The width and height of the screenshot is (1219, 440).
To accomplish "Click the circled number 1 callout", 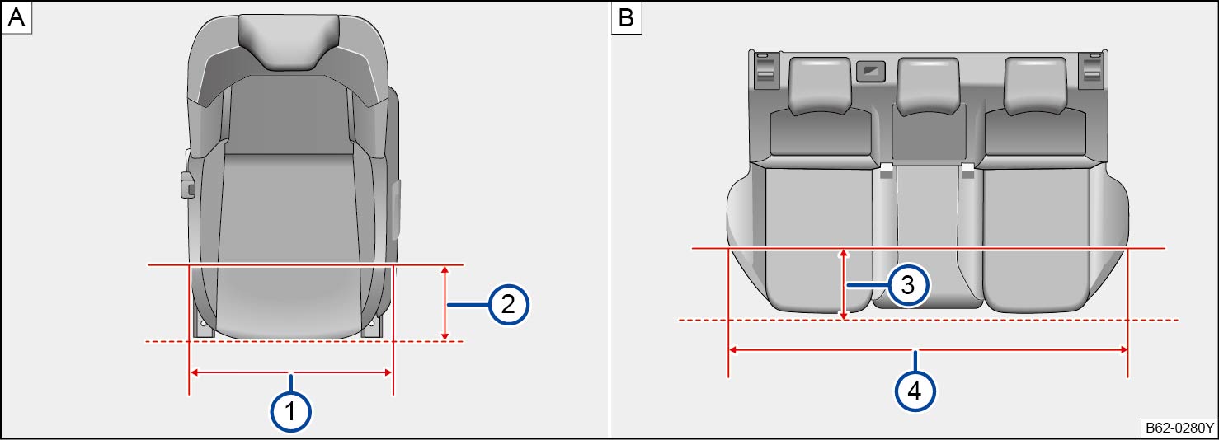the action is [290, 412].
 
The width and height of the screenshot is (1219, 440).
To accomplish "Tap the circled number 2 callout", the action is [508, 304].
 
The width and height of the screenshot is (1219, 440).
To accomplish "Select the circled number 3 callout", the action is [908, 285].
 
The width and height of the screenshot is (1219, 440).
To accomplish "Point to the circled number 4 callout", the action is [915, 391].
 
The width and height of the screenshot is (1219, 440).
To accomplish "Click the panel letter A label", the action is [16, 17].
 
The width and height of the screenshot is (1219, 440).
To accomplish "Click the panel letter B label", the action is [626, 17].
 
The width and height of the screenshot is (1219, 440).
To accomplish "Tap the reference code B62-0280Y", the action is [1179, 428].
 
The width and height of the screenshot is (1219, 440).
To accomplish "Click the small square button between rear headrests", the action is [871, 71].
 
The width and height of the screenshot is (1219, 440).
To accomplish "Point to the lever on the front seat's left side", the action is [187, 185].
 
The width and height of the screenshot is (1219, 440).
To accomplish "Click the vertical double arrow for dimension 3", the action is [844, 284].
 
